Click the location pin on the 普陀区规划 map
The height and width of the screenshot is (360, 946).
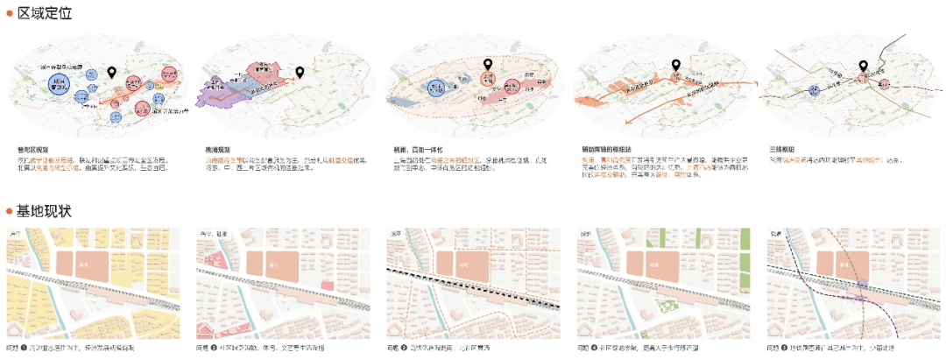(x=111, y=74)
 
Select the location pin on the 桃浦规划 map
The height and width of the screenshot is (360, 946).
(x=300, y=73)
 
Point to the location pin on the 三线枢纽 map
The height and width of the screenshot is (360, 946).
(x=863, y=66)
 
